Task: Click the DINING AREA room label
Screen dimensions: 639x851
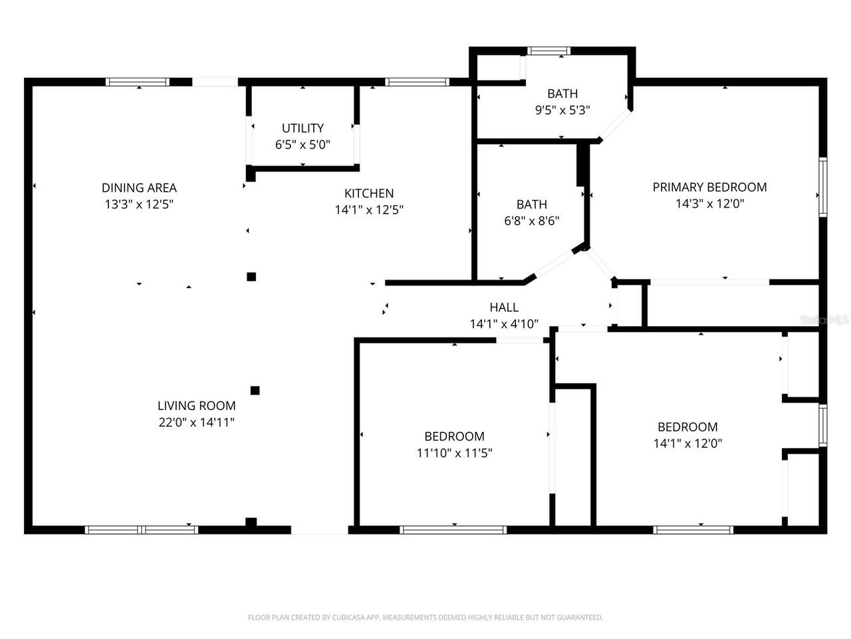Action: (x=139, y=188)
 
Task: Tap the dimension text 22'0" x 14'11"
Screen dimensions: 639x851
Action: (x=196, y=421)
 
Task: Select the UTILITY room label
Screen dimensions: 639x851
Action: (x=303, y=128)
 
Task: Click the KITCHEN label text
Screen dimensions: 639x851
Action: (x=369, y=193)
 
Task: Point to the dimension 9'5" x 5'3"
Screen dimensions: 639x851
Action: (x=562, y=110)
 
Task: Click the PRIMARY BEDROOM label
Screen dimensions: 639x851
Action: (x=709, y=187)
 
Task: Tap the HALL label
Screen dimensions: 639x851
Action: (x=504, y=307)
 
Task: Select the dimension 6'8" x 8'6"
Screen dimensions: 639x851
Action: (x=531, y=220)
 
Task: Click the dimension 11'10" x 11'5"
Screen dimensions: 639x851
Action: (x=454, y=453)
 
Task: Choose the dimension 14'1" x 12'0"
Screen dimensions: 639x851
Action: (x=687, y=443)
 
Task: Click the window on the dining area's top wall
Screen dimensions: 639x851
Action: (x=138, y=82)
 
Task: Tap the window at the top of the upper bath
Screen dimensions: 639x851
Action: (x=548, y=51)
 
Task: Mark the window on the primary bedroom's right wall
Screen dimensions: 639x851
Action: (x=822, y=186)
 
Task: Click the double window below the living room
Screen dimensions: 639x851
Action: (x=142, y=530)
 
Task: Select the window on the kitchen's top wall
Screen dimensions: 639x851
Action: (x=418, y=82)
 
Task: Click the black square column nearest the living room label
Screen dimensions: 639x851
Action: (x=255, y=390)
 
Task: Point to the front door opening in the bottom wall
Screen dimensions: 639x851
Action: (x=319, y=530)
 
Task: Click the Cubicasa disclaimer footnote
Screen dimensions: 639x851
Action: (x=425, y=618)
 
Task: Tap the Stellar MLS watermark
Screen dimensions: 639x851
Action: (x=824, y=320)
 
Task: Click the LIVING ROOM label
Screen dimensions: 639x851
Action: (x=196, y=405)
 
